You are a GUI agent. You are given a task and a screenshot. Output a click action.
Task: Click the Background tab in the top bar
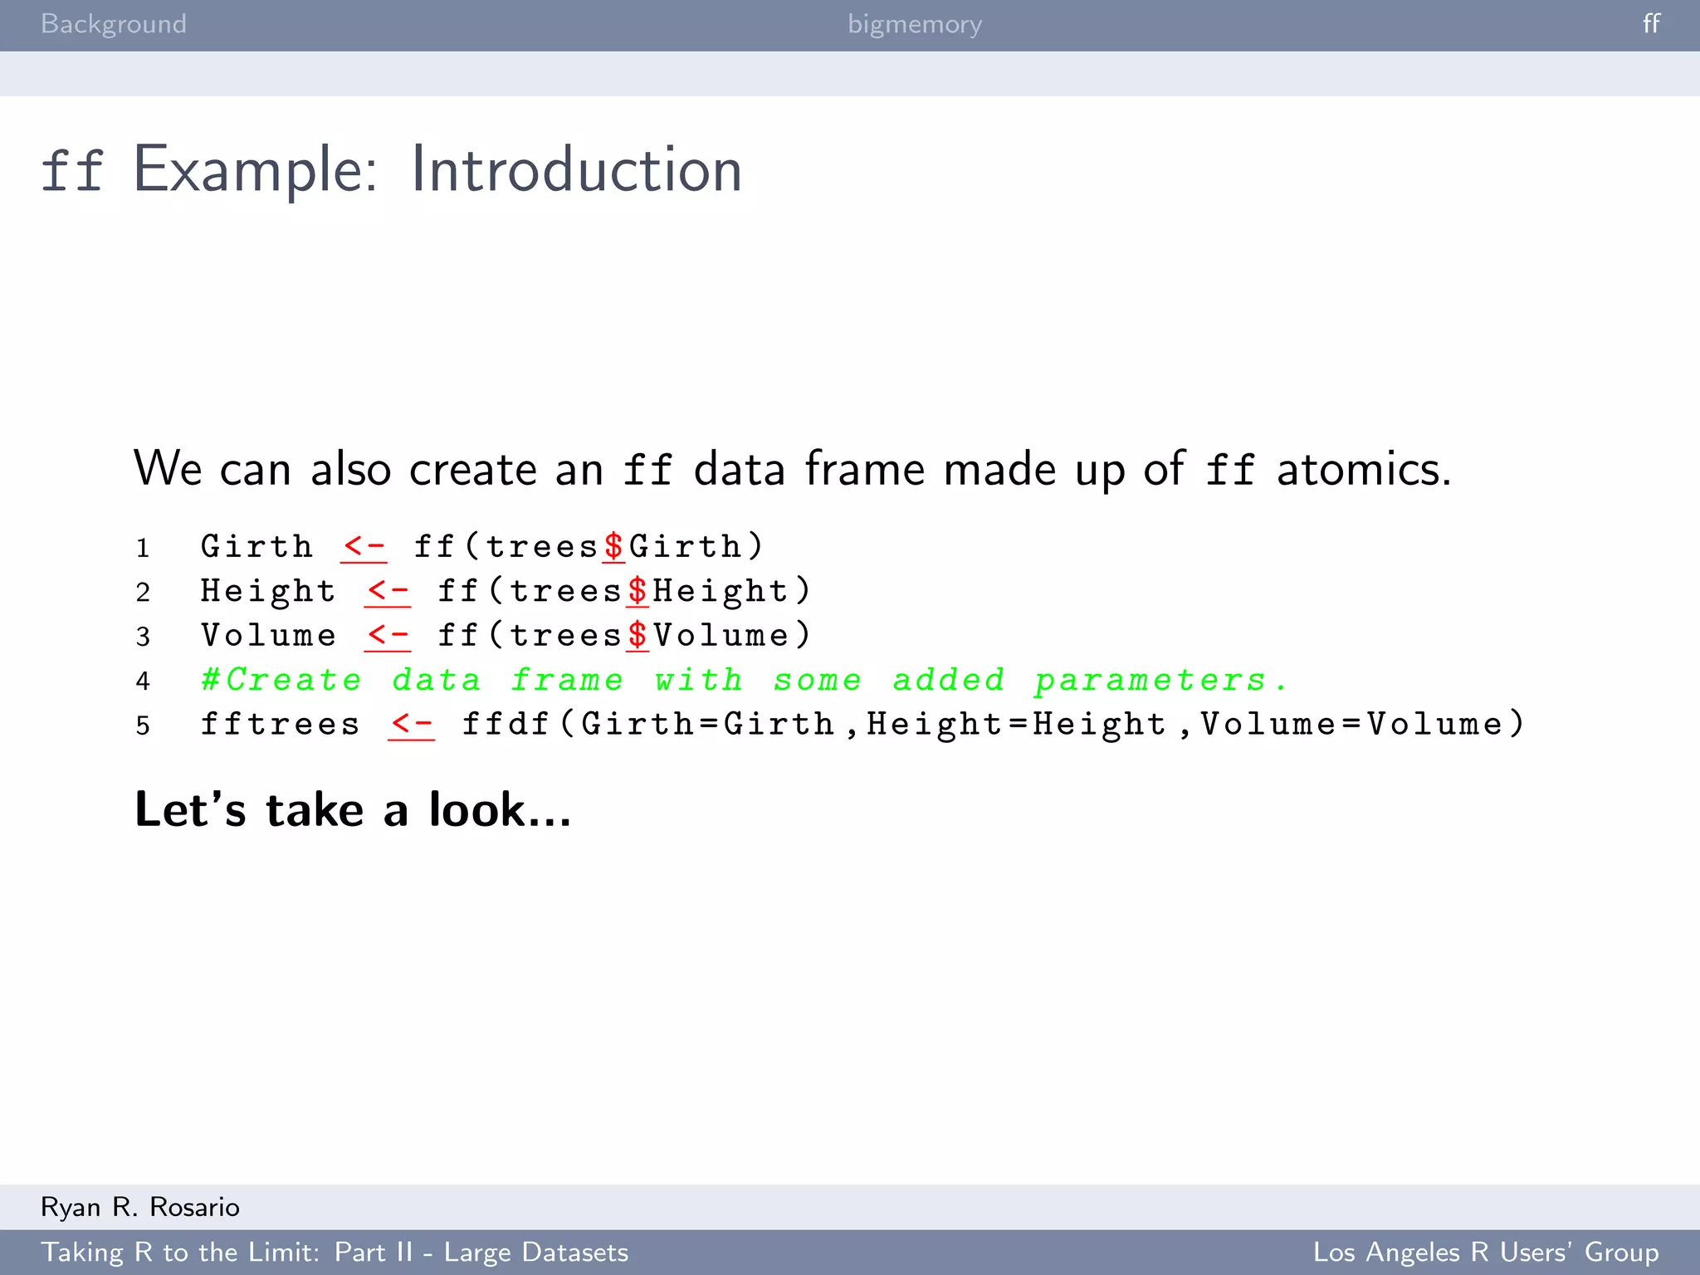click(114, 24)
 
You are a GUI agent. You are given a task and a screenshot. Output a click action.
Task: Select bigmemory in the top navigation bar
click(915, 24)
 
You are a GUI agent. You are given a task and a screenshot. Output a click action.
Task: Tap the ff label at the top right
click(1651, 23)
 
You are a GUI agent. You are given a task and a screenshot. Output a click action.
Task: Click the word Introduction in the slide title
click(576, 170)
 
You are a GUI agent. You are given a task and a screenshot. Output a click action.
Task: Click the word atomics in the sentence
click(1363, 469)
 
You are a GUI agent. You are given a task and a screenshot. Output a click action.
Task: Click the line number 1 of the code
click(143, 548)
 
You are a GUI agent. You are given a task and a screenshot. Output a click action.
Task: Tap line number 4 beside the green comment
click(143, 681)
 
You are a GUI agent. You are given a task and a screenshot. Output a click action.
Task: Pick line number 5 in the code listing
click(143, 725)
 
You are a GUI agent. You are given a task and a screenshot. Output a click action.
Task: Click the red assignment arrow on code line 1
click(364, 547)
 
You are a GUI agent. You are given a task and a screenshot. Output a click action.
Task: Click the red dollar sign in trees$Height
click(637, 591)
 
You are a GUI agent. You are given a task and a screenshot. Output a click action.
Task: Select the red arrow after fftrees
click(411, 724)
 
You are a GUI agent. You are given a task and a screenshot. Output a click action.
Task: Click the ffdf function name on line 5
click(506, 724)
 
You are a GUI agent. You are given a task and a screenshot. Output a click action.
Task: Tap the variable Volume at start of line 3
click(268, 636)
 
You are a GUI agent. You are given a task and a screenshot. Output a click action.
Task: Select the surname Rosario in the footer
click(195, 1207)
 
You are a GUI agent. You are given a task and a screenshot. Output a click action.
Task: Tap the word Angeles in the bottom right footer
click(1412, 1252)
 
